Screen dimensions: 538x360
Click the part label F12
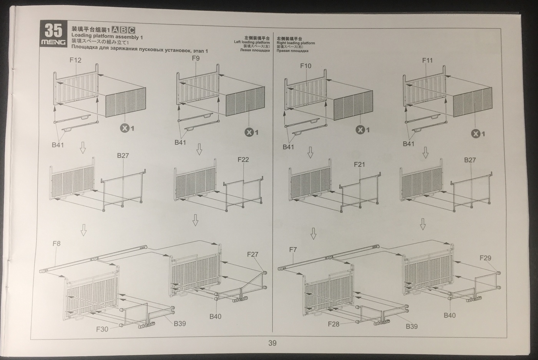[x=75, y=60]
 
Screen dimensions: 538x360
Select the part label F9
[x=196, y=58]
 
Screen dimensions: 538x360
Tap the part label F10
[x=306, y=66]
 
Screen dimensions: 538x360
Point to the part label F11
[x=427, y=60]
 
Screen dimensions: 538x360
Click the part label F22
[x=243, y=160]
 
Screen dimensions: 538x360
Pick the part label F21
[x=359, y=165]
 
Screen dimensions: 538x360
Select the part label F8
[x=56, y=243]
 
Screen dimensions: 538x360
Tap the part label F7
[x=293, y=250]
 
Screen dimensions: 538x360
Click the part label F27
[x=252, y=254]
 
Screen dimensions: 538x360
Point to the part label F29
[x=485, y=258]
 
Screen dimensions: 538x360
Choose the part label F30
[x=102, y=329]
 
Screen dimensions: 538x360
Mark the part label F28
[x=334, y=324]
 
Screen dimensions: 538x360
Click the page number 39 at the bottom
[x=272, y=343]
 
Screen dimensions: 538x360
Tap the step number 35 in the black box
[x=53, y=30]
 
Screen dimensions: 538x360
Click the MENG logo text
[x=53, y=42]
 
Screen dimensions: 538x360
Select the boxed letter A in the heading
[x=115, y=30]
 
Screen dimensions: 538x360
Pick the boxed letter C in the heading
[x=131, y=30]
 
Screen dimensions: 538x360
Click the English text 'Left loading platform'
[x=252, y=42]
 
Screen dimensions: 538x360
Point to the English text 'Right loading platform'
[x=296, y=43]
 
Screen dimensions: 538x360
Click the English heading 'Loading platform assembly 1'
[x=107, y=37]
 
